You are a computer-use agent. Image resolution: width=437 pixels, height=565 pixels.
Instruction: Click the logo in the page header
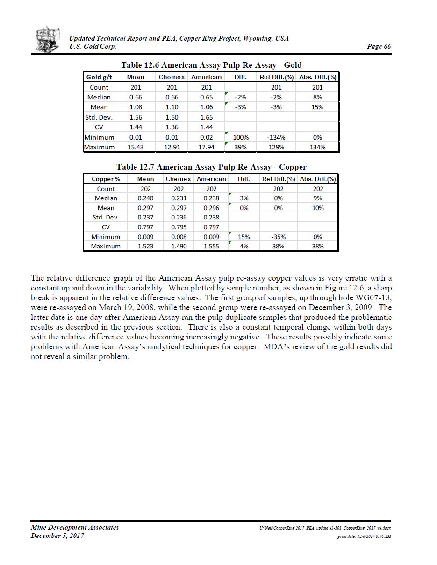click(48, 40)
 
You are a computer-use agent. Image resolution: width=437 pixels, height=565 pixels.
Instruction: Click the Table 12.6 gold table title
click(211, 65)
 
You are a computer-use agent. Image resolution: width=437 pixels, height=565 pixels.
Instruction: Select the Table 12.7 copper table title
click(211, 167)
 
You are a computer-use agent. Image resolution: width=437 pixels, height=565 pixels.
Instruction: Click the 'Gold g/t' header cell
click(99, 77)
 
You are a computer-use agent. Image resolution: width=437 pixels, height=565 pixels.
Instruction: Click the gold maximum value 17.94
click(206, 147)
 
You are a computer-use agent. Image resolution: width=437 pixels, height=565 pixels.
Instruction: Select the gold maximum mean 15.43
click(136, 147)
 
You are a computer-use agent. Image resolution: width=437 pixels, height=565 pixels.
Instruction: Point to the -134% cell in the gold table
click(276, 137)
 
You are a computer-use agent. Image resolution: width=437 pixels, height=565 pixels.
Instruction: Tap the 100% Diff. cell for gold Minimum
click(241, 137)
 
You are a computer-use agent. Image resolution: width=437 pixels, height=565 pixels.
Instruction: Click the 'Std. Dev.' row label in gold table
click(99, 117)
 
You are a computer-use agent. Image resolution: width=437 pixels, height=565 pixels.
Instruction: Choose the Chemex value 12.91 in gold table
click(172, 147)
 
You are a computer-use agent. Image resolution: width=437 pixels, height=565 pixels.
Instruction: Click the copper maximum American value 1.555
click(211, 246)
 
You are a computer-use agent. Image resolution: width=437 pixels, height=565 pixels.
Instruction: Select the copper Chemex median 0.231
click(179, 198)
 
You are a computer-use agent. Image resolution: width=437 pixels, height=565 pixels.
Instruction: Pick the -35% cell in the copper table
click(278, 237)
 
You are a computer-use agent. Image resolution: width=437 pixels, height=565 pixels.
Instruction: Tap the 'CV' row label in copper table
click(106, 227)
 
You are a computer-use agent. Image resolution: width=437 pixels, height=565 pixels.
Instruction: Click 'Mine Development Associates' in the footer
click(74, 527)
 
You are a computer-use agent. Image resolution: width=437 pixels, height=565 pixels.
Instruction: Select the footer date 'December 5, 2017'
click(57, 536)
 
